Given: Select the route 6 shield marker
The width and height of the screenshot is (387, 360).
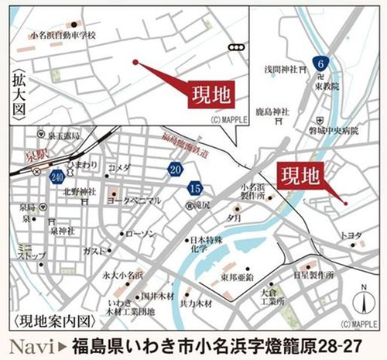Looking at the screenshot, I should pyautogui.click(x=320, y=63).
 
